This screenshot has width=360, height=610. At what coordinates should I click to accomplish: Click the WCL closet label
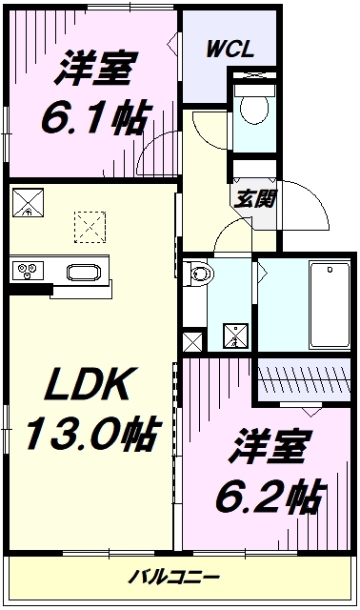click(x=230, y=50)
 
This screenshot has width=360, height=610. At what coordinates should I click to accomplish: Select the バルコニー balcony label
click(x=173, y=577)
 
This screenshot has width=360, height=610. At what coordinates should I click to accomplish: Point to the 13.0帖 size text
click(x=92, y=433)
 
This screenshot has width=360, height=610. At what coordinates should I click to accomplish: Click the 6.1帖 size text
click(x=94, y=117)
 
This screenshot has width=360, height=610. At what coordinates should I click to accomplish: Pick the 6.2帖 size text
click(x=269, y=497)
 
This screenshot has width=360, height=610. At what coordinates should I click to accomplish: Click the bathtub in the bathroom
click(x=330, y=305)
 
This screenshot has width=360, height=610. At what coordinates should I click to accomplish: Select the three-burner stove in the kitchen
click(x=28, y=271)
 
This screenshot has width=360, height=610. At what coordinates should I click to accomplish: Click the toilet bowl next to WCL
click(x=254, y=108)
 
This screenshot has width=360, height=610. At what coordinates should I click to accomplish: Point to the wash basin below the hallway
click(x=201, y=274)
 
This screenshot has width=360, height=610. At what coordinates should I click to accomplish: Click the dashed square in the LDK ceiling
click(x=90, y=227)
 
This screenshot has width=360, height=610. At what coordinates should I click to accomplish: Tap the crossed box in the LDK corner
click(x=28, y=202)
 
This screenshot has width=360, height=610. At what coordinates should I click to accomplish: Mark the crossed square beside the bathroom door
click(x=235, y=335)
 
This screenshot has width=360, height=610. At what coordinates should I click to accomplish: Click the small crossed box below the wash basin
click(x=192, y=341)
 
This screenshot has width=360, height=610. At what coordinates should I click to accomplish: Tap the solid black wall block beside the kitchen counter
click(x=30, y=289)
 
